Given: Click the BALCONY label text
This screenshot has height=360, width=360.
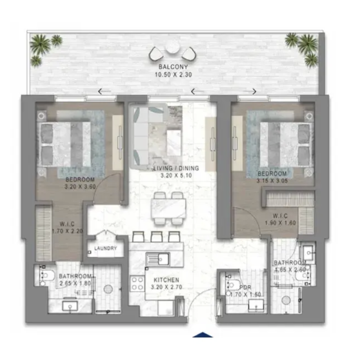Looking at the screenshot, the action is (173, 67).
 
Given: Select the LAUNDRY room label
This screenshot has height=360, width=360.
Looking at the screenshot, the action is (106, 248).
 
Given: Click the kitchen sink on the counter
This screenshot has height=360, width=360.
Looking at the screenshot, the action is (158, 259).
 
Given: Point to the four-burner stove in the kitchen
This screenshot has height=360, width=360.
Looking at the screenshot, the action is (137, 283).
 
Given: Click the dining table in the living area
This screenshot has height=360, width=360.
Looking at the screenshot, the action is (168, 208).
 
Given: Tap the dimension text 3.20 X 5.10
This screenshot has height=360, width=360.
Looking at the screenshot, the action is (176, 176).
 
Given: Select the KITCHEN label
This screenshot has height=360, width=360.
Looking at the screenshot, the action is (166, 280).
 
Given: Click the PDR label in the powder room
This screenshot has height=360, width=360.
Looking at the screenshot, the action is (245, 287).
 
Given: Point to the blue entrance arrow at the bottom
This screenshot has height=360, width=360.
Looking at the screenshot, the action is (202, 335).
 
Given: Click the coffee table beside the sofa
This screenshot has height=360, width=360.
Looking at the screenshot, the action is (174, 143).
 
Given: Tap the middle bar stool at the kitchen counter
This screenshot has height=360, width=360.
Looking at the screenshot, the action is (156, 237).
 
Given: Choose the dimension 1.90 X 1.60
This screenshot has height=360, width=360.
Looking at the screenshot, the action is (280, 223).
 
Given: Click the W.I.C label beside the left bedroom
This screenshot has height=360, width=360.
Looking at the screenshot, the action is (67, 224).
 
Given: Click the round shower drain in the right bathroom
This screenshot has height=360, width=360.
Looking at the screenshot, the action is (286, 300).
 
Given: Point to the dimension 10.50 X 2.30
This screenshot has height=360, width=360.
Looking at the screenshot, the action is (173, 75).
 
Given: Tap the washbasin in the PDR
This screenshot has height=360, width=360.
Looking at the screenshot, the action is (257, 305).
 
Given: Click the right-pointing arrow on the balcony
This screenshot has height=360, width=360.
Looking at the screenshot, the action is (249, 91).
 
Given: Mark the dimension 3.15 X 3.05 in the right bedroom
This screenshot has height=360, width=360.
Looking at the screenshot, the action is (272, 181).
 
